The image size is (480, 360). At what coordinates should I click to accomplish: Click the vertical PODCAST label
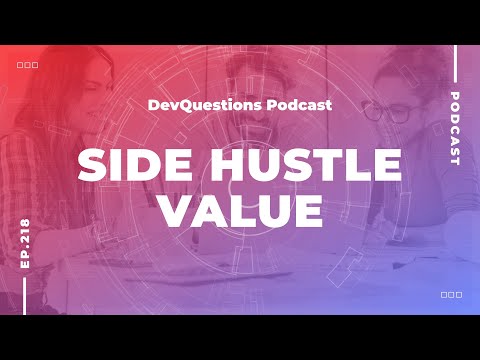click(x=455, y=129)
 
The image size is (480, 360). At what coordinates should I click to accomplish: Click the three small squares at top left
click(x=28, y=65)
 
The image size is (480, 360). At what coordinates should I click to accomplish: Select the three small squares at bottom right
click(x=450, y=295)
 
